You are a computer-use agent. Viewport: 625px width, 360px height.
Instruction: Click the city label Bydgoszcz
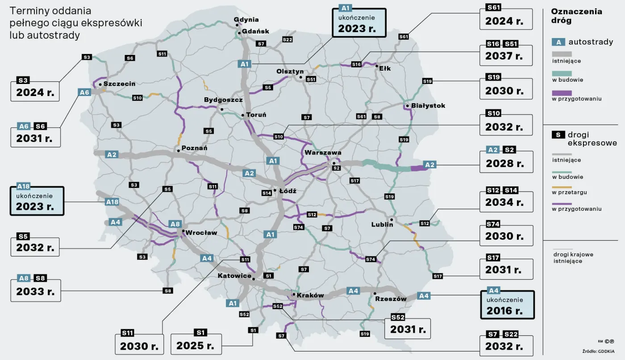click(x=223, y=100)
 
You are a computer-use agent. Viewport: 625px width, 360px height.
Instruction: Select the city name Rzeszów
click(x=391, y=299)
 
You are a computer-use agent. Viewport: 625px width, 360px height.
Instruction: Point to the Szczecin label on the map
click(x=119, y=84)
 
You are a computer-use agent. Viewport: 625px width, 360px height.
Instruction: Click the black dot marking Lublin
click(x=392, y=219)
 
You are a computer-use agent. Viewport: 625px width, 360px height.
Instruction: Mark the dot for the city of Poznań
click(x=178, y=151)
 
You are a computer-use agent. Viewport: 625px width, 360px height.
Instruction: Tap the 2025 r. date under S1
click(x=195, y=346)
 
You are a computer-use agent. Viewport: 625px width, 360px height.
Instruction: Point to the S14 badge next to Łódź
click(x=267, y=193)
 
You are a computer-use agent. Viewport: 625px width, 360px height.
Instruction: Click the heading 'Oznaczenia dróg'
click(x=576, y=16)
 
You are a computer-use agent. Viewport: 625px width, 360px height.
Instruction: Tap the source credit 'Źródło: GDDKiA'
click(x=599, y=351)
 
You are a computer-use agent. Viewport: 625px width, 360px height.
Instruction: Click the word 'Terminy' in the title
click(x=27, y=11)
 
